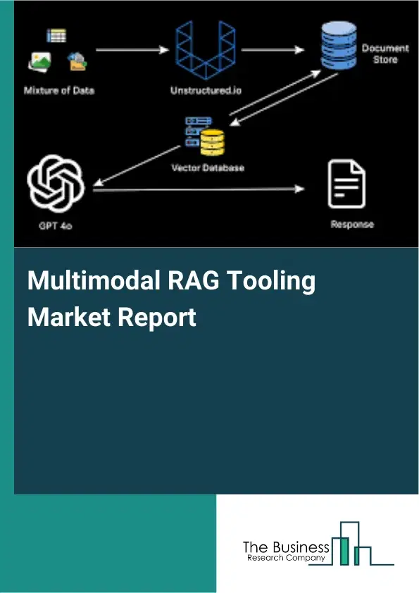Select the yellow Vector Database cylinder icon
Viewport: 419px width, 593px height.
(x=211, y=141)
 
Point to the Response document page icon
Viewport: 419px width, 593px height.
(x=346, y=184)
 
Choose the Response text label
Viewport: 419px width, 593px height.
(x=352, y=224)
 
